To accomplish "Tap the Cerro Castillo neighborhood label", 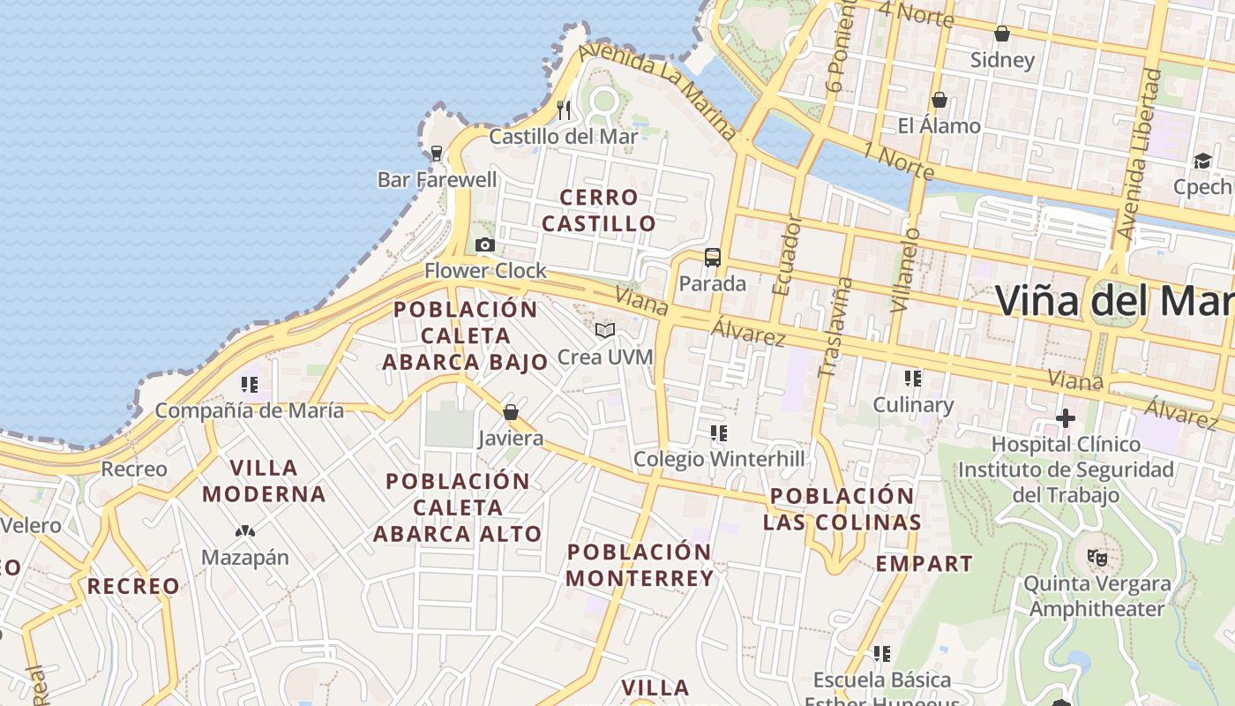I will [x=599, y=210].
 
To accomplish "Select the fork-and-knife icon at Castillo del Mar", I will [x=564, y=110].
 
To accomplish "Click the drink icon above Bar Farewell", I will [x=437, y=154].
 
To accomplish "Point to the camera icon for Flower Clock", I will [x=484, y=244].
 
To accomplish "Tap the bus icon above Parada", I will [x=712, y=258].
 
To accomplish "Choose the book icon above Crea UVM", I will [x=604, y=331].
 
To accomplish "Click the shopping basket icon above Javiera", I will [x=510, y=412].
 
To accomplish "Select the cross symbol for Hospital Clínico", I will [x=1066, y=417].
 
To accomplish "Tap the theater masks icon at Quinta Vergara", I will [x=1097, y=557].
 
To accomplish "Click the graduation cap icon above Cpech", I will [x=1202, y=161].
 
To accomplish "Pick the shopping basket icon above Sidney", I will [x=1001, y=34].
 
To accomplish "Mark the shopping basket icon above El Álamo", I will [x=939, y=100].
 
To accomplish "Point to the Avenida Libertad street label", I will [x=1139, y=154].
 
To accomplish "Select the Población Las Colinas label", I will [x=842, y=508].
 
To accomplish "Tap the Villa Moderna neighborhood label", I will [x=264, y=480].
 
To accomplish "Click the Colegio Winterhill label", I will [x=719, y=459].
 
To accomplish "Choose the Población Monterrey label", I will [x=640, y=565].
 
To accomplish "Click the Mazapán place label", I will [x=245, y=558].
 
